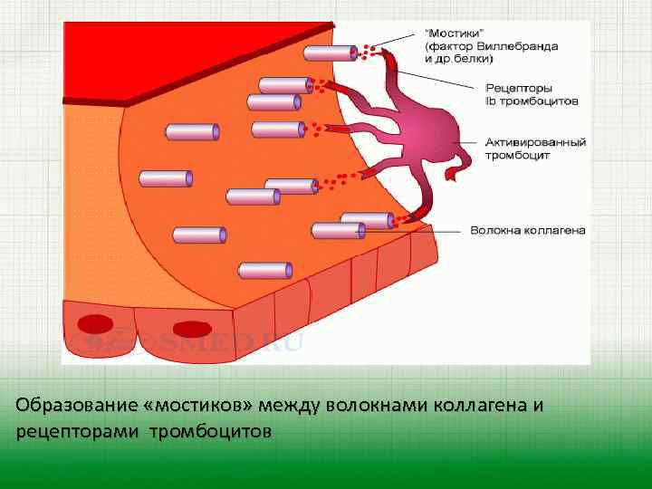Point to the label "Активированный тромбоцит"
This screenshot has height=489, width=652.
(x=535, y=149)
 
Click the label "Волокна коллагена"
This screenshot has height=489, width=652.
(x=527, y=231)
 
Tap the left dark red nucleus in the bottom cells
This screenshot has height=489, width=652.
(x=95, y=323)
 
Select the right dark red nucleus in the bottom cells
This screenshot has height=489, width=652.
(x=192, y=330)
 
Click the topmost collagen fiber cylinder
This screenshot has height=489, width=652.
(x=330, y=53)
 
